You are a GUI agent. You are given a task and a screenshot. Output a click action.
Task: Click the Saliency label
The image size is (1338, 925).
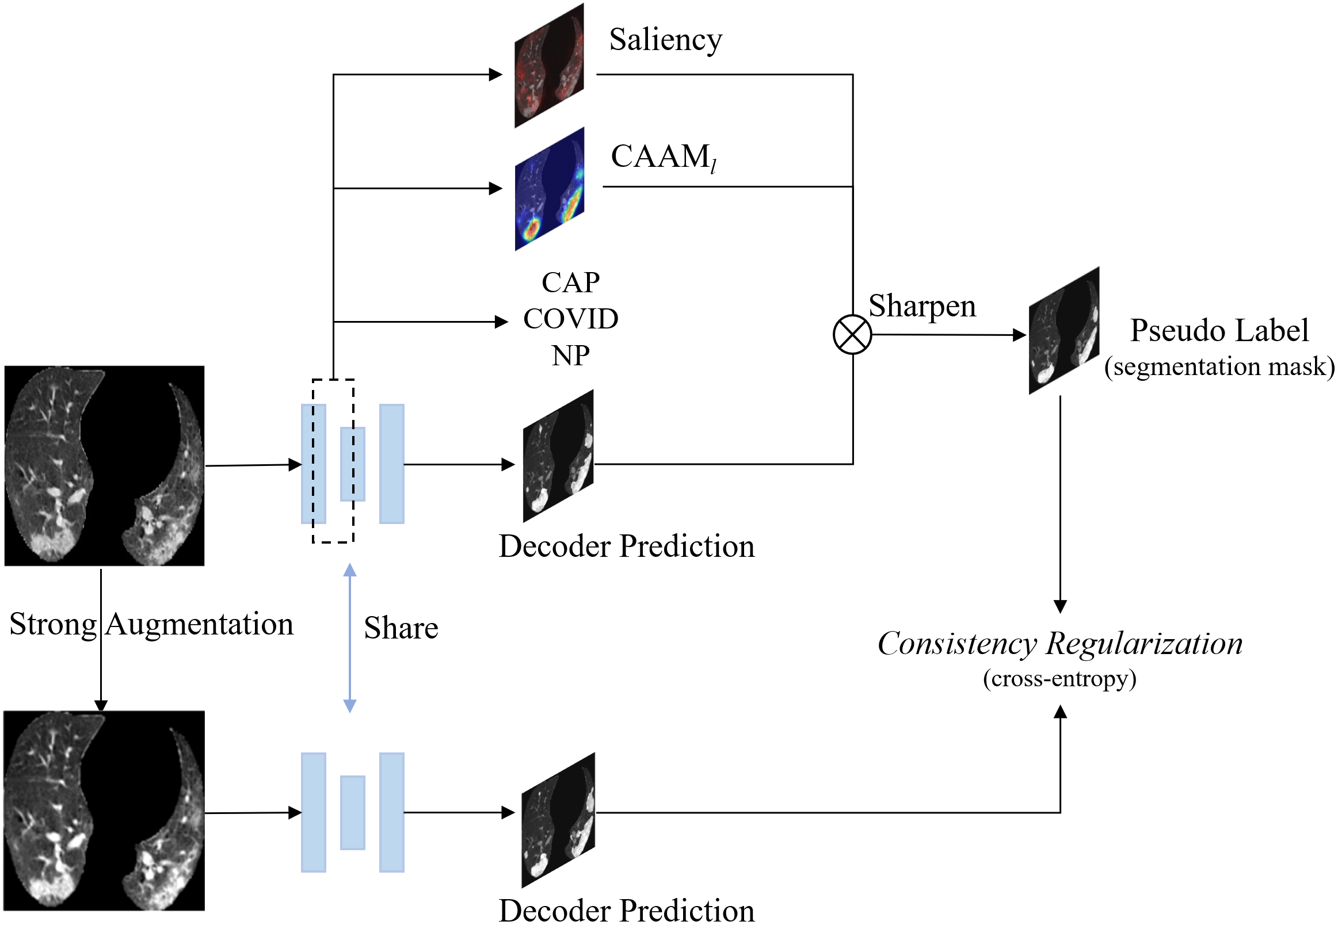[665, 41]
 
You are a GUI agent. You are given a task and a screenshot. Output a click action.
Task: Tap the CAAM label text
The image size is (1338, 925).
[664, 157]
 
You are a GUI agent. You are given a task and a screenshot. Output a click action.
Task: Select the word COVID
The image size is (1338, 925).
[571, 319]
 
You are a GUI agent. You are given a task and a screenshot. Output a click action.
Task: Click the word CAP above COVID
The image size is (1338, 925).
[571, 283]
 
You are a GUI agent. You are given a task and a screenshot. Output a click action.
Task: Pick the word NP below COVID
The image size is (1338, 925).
[571, 356]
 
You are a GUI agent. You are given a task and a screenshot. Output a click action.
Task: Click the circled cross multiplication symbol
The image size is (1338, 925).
[852, 334]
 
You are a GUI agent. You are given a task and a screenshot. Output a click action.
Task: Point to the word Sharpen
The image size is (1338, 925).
[923, 307]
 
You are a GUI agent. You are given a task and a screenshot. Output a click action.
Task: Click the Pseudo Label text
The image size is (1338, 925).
[1219, 330]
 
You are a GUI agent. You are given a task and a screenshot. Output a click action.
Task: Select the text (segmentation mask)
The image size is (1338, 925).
[1219, 367]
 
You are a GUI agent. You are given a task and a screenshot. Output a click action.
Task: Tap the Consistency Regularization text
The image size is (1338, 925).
[1060, 644]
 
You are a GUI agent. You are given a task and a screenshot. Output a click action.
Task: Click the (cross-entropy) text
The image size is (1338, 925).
[1059, 679]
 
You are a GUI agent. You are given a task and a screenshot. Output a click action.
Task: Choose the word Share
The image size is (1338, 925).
[401, 628]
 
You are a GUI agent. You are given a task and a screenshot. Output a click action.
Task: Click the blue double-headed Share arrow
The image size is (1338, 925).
[349, 637]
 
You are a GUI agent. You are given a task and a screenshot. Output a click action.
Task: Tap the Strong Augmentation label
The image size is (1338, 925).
[151, 625]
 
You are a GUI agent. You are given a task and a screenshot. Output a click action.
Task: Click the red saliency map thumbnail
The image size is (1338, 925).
[550, 66]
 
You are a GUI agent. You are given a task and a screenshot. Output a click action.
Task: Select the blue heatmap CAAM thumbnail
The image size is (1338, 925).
[550, 189]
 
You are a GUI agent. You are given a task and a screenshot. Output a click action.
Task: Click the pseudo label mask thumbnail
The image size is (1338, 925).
[1064, 330]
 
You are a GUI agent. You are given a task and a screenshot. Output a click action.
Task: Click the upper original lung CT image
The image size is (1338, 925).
[104, 465]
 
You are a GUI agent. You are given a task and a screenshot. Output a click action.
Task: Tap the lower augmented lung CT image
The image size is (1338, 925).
[104, 811]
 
